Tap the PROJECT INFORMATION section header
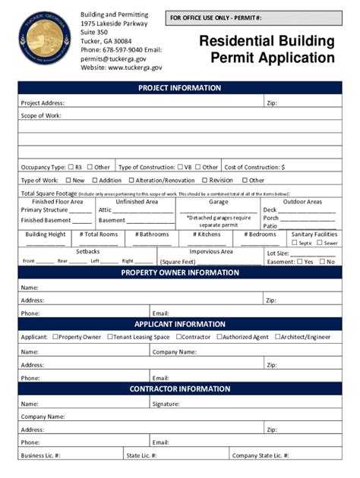click(x=180, y=88)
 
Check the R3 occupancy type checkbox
click(x=71, y=167)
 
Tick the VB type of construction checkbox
click(x=180, y=167)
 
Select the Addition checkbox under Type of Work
click(x=95, y=181)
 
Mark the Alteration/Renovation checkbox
click(x=131, y=181)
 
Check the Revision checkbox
click(x=204, y=181)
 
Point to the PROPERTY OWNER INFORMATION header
click(x=180, y=273)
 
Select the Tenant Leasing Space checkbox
click(x=109, y=337)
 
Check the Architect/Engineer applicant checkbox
click(x=278, y=337)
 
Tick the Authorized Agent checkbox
click(x=219, y=337)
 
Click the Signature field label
click(x=166, y=404)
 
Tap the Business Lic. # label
click(x=41, y=455)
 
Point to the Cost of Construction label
click(x=254, y=167)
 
